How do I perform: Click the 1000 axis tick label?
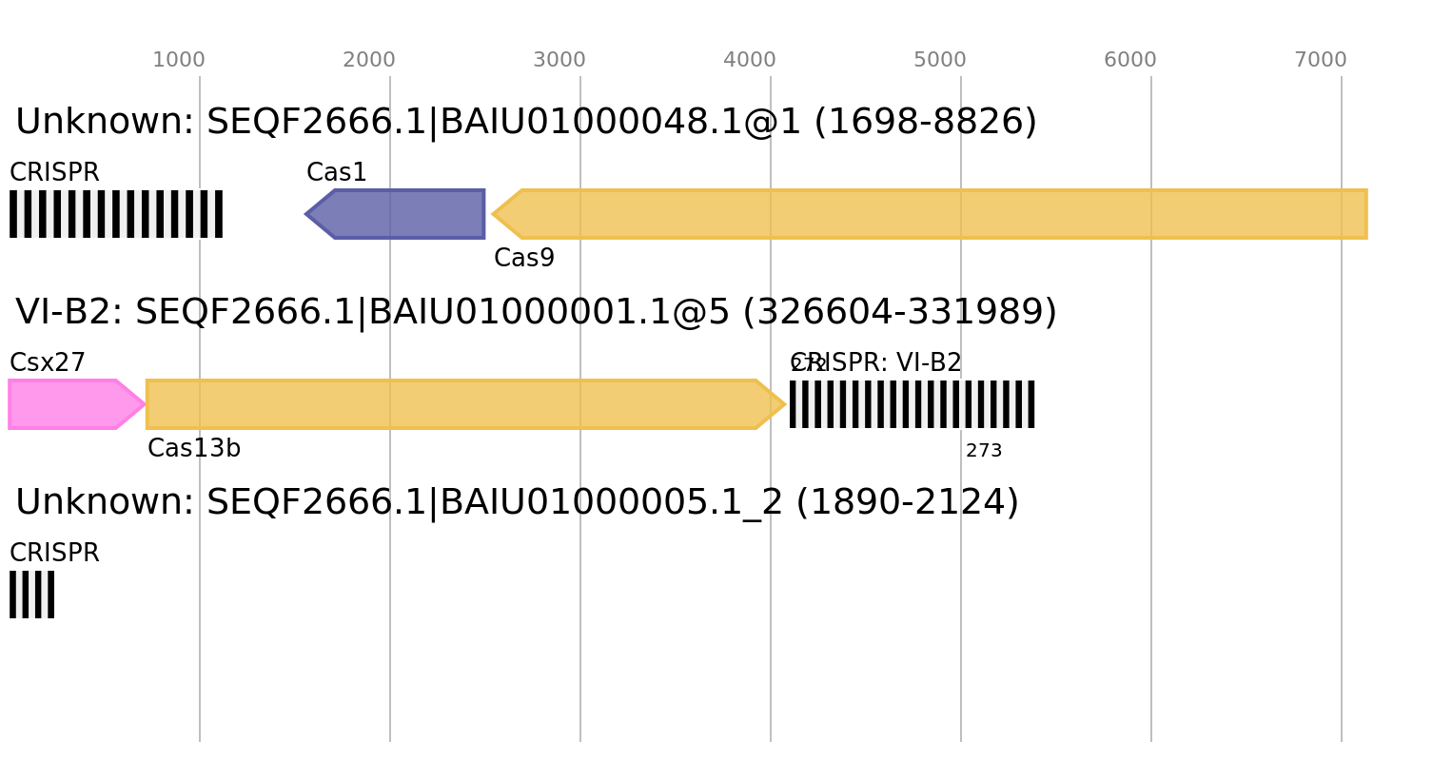178,60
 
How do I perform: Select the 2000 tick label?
368,60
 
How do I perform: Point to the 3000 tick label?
559,60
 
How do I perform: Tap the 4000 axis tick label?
749,60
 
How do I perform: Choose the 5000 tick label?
939,60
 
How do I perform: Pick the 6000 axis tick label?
1129,60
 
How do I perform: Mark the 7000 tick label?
1320,60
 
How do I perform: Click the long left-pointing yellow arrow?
942,214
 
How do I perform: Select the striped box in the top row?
116,214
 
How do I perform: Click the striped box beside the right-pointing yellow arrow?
912,404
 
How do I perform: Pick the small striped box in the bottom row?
31,595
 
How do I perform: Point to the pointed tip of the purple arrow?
305,214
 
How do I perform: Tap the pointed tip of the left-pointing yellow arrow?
493,214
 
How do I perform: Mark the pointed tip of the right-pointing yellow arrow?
785,404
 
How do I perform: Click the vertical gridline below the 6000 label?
1150,571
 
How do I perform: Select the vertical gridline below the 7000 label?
1341,571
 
